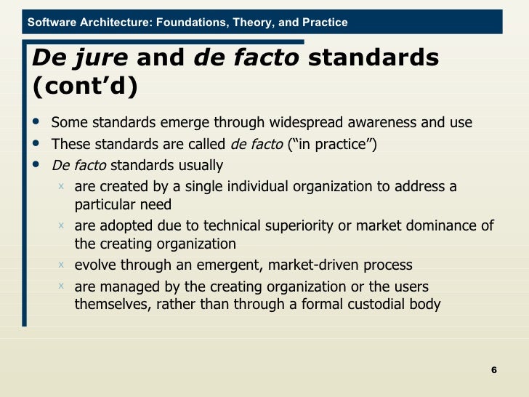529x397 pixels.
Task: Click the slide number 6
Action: point(494,371)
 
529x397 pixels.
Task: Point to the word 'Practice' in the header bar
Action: point(324,23)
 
